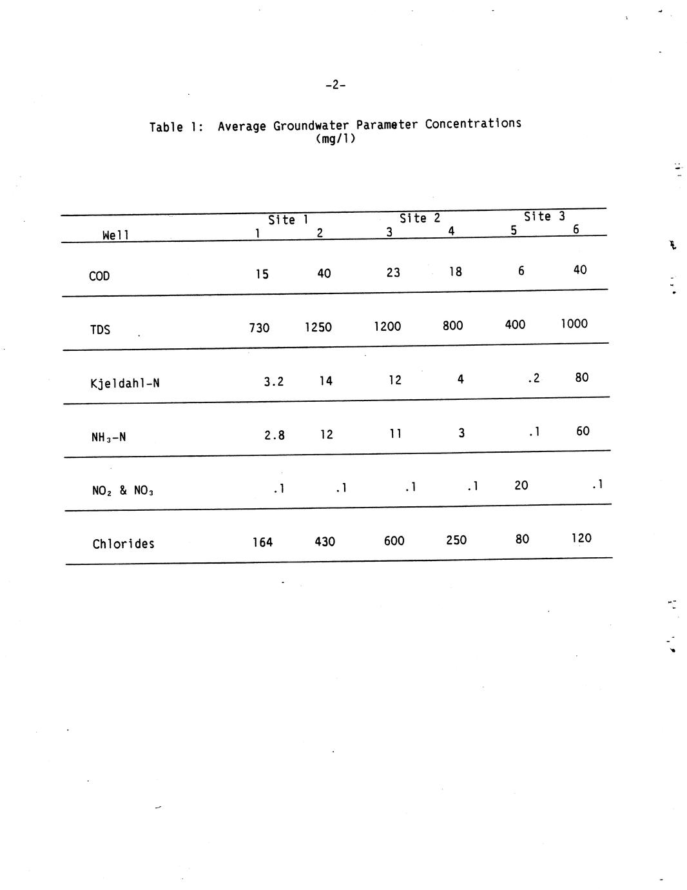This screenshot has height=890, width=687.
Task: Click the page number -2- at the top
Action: click(335, 85)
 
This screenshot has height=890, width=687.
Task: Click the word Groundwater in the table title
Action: click(311, 126)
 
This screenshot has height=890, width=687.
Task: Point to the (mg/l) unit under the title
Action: click(335, 139)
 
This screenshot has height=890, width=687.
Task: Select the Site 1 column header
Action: click(288, 220)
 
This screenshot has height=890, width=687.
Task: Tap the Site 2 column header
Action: click(420, 218)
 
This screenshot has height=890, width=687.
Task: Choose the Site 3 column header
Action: click(544, 216)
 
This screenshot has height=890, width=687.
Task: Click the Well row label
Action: click(116, 235)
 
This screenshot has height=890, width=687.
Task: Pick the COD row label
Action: click(99, 276)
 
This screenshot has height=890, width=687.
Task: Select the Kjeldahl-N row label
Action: click(125, 384)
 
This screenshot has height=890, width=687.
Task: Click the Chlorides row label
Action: click(123, 544)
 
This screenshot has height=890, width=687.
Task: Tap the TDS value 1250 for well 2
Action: click(318, 327)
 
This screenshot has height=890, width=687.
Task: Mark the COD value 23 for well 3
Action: click(393, 272)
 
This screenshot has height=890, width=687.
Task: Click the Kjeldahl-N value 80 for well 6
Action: click(581, 377)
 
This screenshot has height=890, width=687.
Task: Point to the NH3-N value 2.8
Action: click(275, 435)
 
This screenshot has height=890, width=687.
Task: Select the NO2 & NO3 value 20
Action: click(521, 485)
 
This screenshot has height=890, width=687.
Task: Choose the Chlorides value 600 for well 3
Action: click(394, 540)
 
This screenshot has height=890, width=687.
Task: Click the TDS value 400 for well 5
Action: click(515, 324)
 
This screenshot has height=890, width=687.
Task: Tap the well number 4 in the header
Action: click(451, 231)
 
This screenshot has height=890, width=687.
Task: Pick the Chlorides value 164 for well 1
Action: click(262, 542)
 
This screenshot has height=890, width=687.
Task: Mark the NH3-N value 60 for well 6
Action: click(582, 431)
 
